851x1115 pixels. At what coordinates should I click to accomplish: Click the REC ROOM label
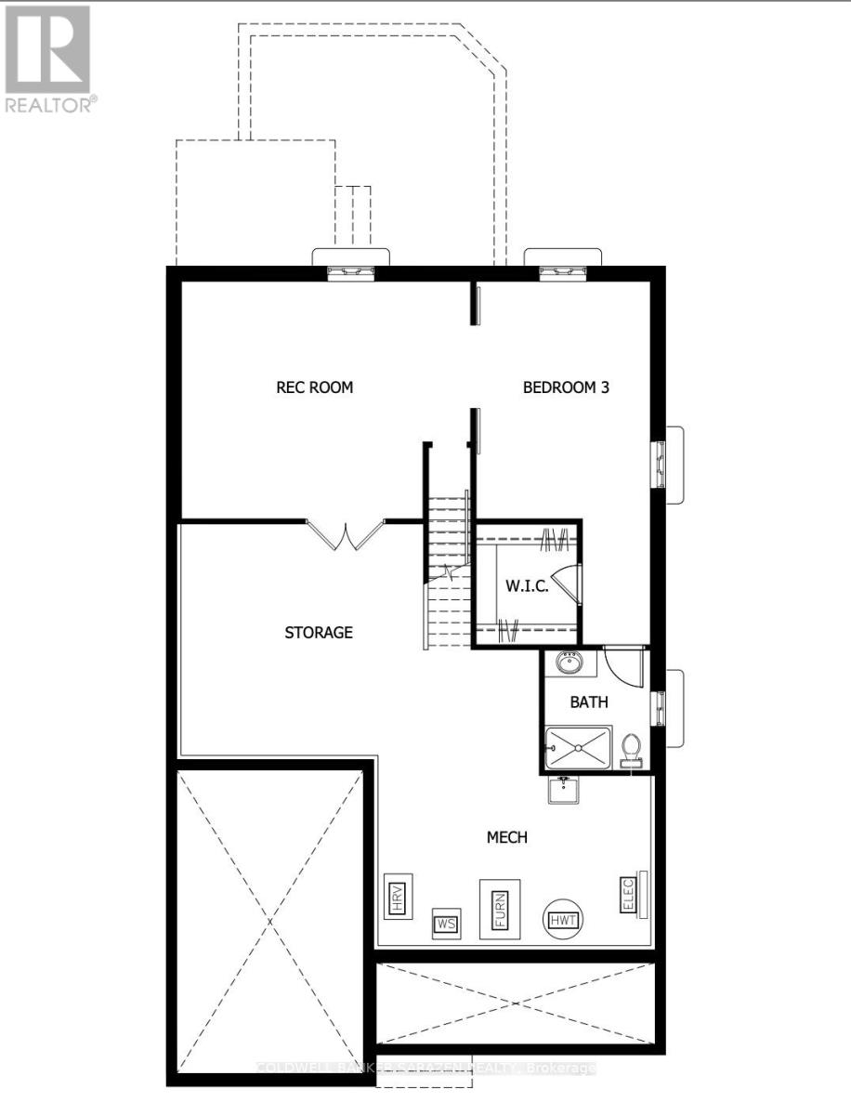tap(315, 387)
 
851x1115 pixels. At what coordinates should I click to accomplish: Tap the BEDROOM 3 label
tap(566, 387)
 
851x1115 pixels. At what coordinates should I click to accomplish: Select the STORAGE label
tap(319, 633)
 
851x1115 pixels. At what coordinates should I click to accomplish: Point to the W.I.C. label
tap(527, 586)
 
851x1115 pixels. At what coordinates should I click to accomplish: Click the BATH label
tap(589, 702)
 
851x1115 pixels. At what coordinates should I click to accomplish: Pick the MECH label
tap(507, 837)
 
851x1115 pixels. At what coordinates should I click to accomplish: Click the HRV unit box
tap(398, 896)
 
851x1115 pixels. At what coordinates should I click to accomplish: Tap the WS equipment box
tap(446, 925)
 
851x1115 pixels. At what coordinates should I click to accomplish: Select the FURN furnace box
tap(499, 909)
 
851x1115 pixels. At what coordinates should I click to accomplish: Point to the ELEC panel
tap(628, 895)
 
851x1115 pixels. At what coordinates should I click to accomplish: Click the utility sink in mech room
tap(563, 791)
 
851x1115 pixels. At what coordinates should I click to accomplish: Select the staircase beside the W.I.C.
tap(448, 576)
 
